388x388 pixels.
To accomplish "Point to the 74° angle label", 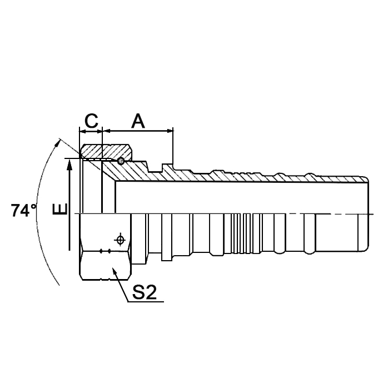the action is click(23, 211).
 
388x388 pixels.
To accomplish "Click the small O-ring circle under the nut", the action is click(121, 161).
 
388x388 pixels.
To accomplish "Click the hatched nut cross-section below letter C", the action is click(106, 151).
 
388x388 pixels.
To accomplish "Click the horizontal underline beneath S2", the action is click(146, 302).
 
